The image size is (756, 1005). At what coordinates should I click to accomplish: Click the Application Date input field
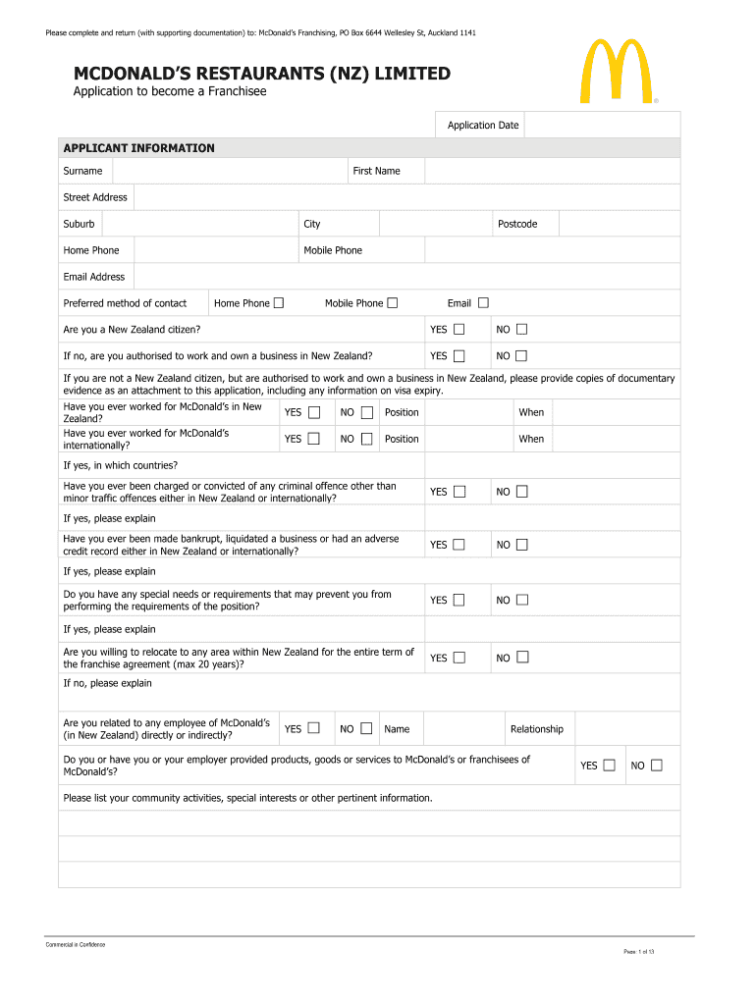click(602, 126)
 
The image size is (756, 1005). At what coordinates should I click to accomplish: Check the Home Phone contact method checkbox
click(279, 302)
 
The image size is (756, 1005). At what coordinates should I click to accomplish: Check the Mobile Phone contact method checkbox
click(393, 302)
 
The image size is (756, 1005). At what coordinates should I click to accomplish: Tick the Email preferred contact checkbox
click(483, 302)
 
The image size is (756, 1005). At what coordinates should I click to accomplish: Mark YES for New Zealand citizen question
click(459, 329)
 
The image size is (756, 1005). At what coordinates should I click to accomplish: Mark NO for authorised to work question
click(521, 355)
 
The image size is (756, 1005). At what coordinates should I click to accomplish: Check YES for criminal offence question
click(459, 491)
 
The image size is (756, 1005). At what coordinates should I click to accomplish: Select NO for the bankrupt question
click(521, 544)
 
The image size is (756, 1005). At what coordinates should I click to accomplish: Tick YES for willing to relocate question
click(459, 657)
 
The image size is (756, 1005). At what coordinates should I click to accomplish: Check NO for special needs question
click(521, 599)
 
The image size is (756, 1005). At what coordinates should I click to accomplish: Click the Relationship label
click(537, 729)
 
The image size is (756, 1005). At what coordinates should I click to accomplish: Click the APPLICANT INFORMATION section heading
click(138, 148)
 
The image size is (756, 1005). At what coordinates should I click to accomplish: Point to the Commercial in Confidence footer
click(76, 944)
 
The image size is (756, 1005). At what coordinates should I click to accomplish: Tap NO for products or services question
click(656, 765)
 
